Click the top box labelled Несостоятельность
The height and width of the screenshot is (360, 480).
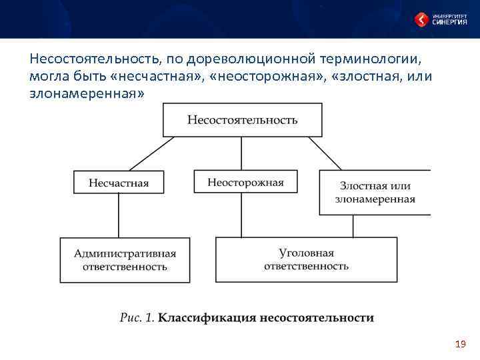coord(243,121)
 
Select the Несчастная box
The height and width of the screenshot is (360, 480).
coord(119,183)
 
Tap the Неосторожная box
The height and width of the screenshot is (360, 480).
coord(245,182)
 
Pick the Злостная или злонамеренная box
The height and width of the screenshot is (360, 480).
coord(375,192)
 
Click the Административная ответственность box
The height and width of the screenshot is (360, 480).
coord(125,260)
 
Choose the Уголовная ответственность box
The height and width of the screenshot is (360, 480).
coord(306,259)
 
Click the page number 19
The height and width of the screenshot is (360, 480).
coord(459,344)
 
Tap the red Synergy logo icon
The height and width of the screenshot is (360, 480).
coord(421,19)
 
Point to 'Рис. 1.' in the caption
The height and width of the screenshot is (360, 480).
coord(137,318)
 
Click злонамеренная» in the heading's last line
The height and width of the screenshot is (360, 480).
coord(87,94)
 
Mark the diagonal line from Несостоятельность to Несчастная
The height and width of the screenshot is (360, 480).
coord(151,154)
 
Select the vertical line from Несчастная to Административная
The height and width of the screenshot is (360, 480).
coord(119,215)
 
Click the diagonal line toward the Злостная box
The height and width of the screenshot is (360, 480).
coord(325,154)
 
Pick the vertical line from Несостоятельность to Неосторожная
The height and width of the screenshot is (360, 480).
coord(242,153)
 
